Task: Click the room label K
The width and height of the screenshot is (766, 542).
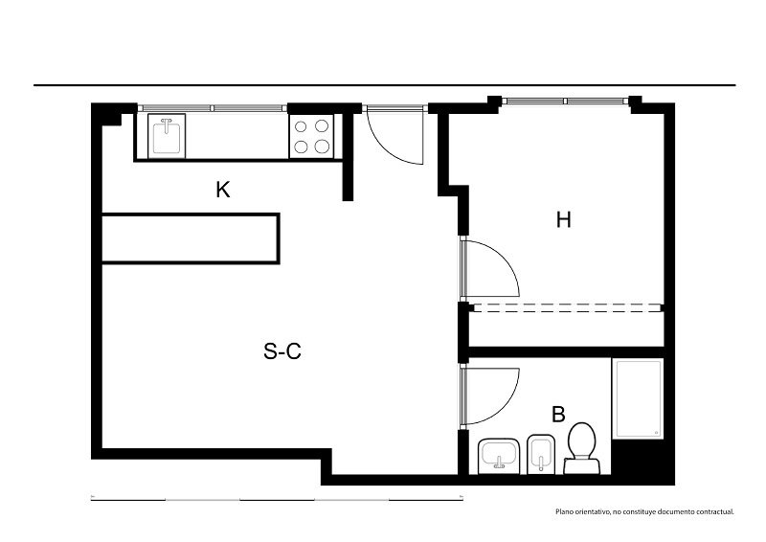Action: click(223, 190)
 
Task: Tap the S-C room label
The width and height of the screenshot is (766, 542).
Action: click(282, 350)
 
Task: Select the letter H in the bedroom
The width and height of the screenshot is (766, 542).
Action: click(563, 220)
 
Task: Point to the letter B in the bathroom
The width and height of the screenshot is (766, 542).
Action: click(558, 414)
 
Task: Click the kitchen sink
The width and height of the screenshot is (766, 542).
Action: click(167, 136)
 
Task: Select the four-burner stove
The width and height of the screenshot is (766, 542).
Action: click(311, 136)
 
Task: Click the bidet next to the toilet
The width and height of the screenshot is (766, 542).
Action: click(541, 454)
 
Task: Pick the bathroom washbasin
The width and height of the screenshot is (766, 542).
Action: click(499, 456)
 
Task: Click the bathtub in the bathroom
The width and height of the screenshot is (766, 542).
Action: click(638, 398)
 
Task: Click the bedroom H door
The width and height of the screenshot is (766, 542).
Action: click(489, 268)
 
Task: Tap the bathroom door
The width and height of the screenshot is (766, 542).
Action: click(489, 395)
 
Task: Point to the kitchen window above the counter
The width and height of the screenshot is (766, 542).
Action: click(213, 108)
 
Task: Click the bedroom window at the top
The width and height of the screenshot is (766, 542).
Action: click(566, 102)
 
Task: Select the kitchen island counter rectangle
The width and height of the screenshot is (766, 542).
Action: click(190, 238)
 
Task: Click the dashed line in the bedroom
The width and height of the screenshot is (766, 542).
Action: click(566, 307)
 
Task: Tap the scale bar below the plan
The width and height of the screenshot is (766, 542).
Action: click(277, 499)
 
